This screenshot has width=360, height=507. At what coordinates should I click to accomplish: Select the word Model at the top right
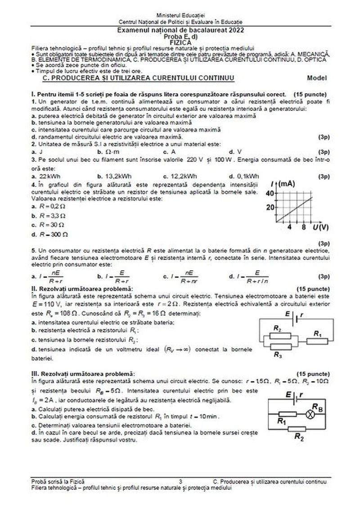point(317,77)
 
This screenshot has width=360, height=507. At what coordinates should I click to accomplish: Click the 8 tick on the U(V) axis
point(304,227)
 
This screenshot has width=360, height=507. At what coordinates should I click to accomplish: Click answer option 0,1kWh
point(247,176)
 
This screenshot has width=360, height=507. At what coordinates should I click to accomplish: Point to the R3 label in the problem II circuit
point(278,355)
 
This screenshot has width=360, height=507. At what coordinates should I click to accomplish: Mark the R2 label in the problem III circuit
point(298,436)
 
